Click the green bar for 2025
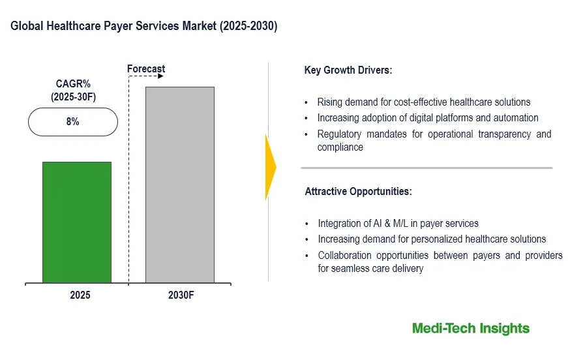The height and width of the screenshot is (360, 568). point(77,222)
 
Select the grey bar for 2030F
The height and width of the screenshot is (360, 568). point(180,185)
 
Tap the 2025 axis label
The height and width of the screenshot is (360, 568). point(80,295)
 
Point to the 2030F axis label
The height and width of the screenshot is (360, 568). point(181,295)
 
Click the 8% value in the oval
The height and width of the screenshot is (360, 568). point(73,122)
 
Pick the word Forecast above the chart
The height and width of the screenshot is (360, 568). point(146,69)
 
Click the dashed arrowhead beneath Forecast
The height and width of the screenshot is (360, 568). point(161,76)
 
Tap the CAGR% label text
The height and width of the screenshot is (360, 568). point(73,83)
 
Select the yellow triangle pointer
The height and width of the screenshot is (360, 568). point(271,167)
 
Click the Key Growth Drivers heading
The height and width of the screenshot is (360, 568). point(348,70)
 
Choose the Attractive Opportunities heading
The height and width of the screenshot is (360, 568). point(358,191)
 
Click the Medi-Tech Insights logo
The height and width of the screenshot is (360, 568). point(471,329)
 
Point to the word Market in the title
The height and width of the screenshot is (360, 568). point(200,25)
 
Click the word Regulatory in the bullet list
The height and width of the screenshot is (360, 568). point(339,134)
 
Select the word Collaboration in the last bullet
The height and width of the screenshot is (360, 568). point(344,256)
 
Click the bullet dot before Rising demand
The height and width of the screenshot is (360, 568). point(306,103)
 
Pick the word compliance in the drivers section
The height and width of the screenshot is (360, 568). point(340,147)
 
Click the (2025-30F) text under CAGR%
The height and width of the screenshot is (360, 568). point(73,97)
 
